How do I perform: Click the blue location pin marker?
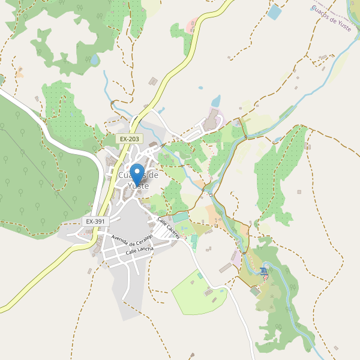click(137, 173)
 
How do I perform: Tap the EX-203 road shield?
click(129, 139)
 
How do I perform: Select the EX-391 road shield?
click(95, 221)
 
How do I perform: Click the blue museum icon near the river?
click(265, 272)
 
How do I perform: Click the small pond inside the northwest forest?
click(95, 60)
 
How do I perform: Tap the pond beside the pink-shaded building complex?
click(215, 100)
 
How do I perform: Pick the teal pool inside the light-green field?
click(200, 275)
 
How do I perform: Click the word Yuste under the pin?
click(137, 186)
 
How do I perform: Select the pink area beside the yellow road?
click(191, 26)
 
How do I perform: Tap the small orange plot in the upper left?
click(20, 74)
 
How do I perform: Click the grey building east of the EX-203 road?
click(153, 81)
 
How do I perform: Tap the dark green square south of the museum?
click(255, 291)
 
